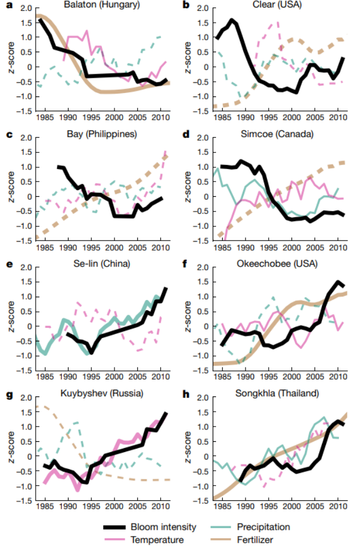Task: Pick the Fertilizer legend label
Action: tap(256, 540)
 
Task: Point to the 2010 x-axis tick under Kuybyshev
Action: tap(160, 507)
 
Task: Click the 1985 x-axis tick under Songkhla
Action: tap(222, 507)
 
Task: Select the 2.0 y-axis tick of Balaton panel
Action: tap(26, 9)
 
